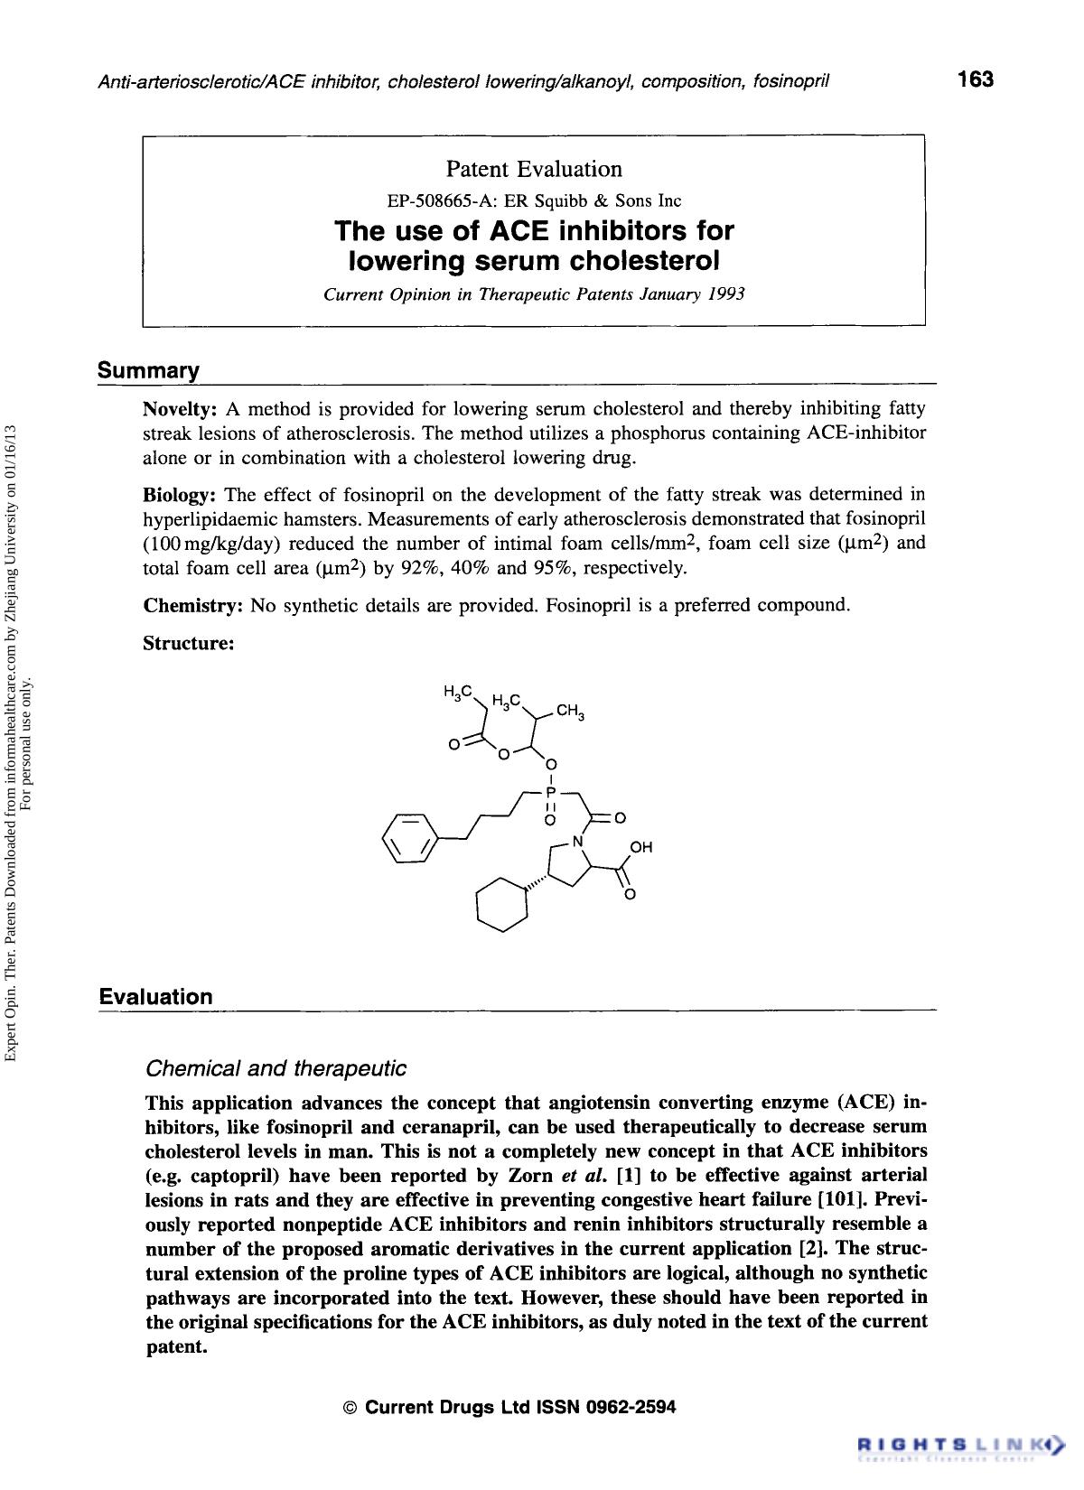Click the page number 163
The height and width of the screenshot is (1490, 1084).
(976, 79)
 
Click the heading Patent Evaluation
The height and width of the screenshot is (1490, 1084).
(534, 169)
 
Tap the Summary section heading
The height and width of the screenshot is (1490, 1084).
(148, 370)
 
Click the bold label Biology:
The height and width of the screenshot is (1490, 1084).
(181, 494)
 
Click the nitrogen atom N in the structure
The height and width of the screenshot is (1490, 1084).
(578, 841)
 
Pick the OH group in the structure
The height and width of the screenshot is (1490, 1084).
(640, 847)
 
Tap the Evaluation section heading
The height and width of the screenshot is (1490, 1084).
(155, 997)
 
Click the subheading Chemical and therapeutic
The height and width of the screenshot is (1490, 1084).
(276, 1068)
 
